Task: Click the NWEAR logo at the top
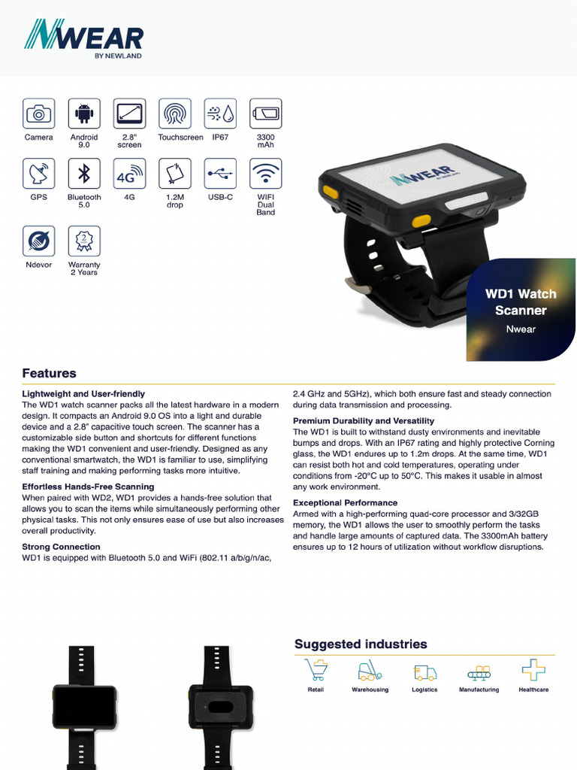point(83,38)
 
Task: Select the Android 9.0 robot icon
point(84,114)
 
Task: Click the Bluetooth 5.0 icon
point(84,174)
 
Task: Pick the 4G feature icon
point(129,174)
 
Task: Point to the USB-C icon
point(220,174)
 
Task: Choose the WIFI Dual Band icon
point(265,174)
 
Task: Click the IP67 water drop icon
point(220,114)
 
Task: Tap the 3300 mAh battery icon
point(265,114)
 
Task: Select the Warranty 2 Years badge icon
point(84,241)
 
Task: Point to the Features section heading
point(49,373)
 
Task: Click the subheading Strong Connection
point(61,547)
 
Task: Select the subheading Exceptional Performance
point(345,502)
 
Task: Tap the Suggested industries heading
point(361,644)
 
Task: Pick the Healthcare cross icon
point(533,670)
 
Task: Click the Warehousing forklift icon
point(370,670)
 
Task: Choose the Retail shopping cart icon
point(316,670)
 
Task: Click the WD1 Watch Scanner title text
point(521,302)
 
